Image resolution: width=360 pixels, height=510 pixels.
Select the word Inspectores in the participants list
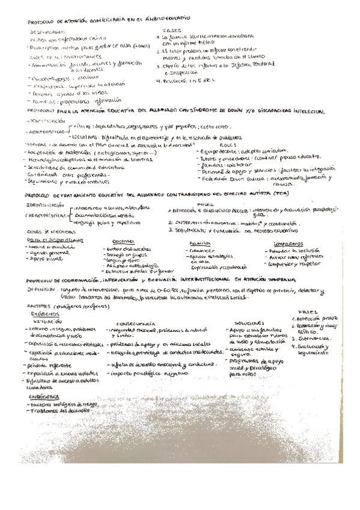click(x=48, y=85)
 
